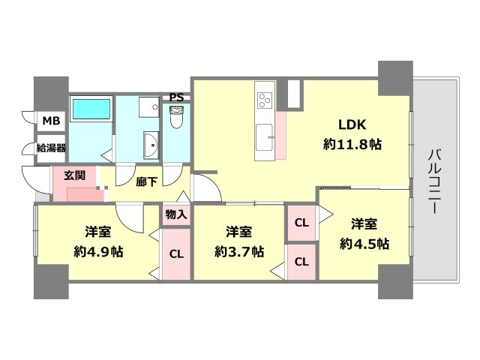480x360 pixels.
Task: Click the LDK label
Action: point(352,125)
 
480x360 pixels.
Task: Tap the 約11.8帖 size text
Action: point(352,144)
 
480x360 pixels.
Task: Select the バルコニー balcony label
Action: point(434,181)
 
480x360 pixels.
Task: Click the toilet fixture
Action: point(176,117)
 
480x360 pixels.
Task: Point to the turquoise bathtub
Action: point(91,109)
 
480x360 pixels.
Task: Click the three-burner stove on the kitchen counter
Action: point(265,100)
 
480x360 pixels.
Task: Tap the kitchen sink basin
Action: point(265,137)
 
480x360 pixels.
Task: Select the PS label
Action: point(177,97)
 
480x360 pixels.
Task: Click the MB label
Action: point(51,121)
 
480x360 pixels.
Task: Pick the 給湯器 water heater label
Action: point(51,148)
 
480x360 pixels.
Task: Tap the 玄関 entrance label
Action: point(75,175)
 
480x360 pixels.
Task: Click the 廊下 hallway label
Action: point(147,182)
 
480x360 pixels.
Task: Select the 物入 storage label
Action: point(176,214)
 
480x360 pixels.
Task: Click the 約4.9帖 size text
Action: point(98,252)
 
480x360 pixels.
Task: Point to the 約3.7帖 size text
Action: point(239,252)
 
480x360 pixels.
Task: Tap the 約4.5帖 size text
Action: point(364,244)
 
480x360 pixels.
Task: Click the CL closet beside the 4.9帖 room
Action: point(176,253)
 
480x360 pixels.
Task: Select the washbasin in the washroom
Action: point(151,145)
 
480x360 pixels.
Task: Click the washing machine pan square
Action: point(148,107)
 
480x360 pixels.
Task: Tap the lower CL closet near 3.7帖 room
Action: point(301,262)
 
